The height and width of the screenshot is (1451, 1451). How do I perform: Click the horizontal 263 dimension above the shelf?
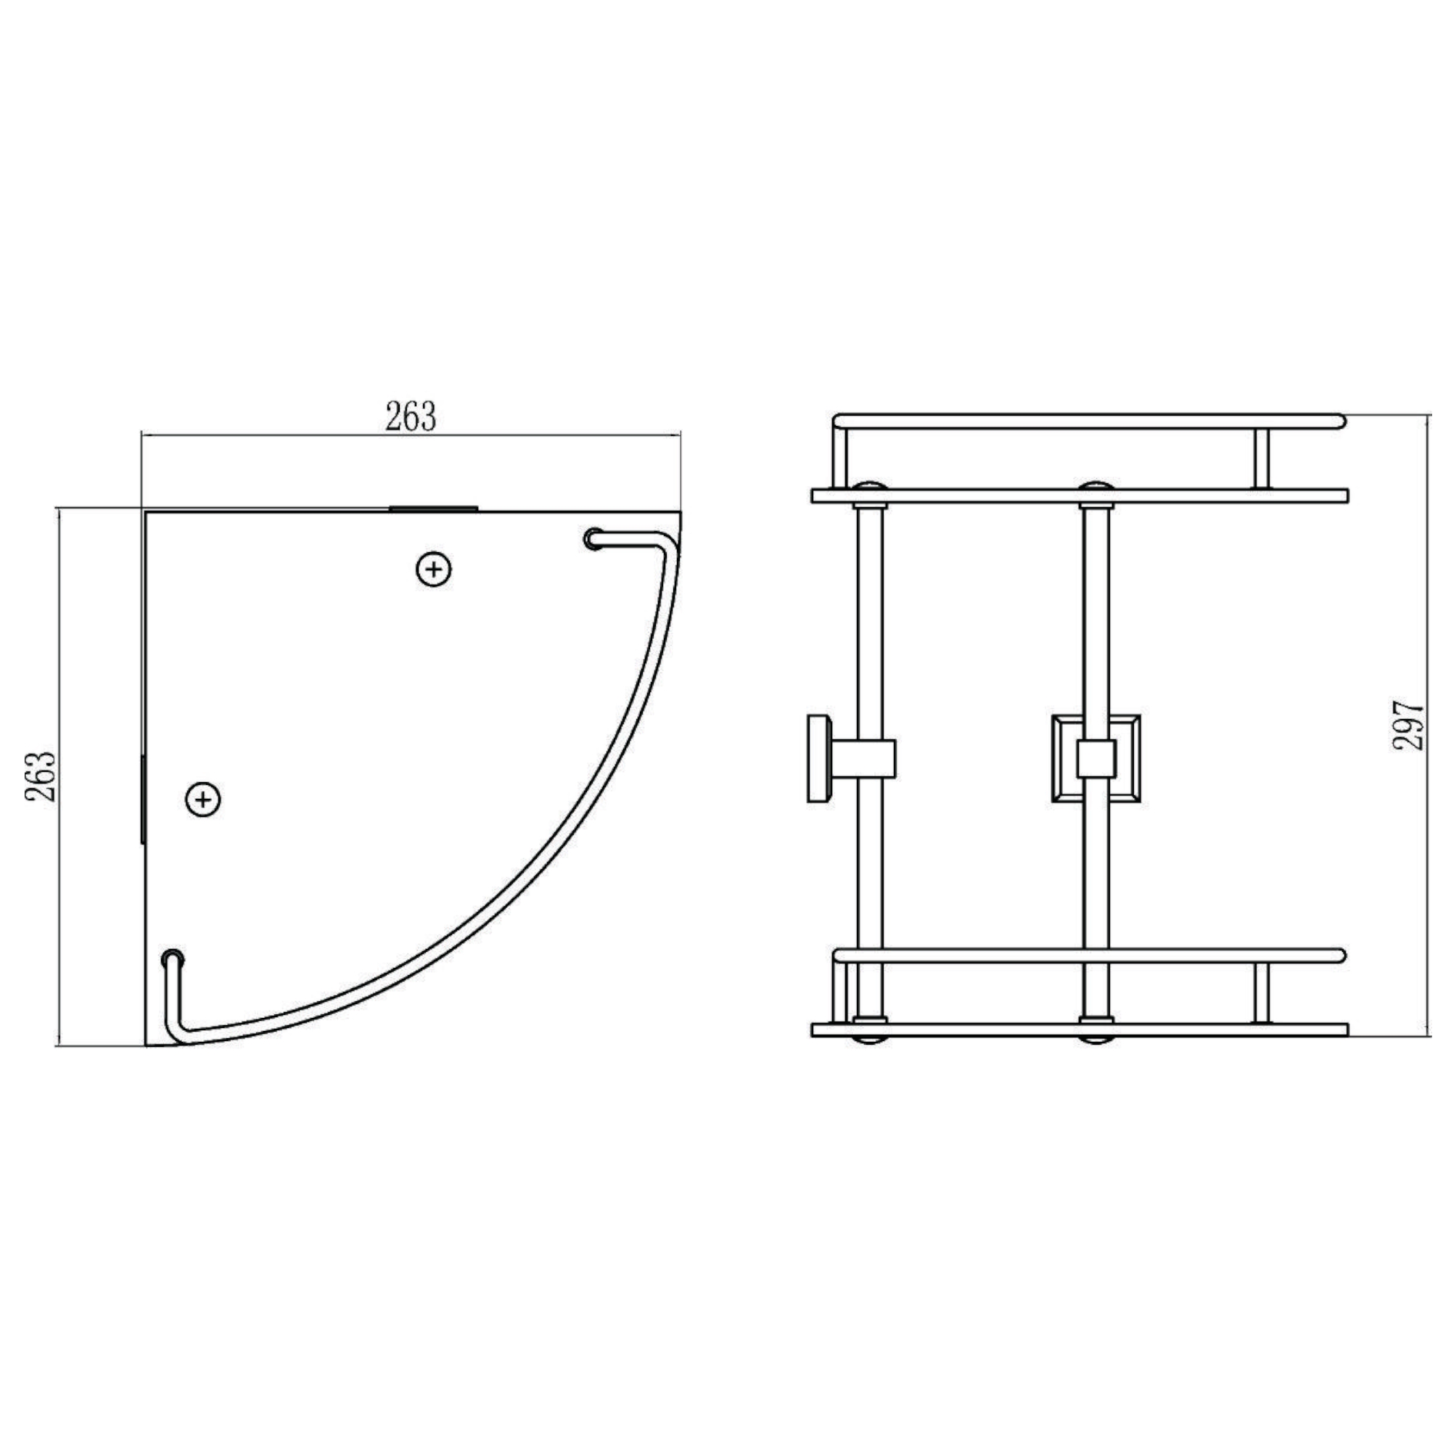[410, 417]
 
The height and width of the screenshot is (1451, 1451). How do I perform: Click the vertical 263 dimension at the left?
[41, 777]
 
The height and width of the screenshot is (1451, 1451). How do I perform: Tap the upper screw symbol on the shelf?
[433, 570]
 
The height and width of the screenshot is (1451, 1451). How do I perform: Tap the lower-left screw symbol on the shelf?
[203, 799]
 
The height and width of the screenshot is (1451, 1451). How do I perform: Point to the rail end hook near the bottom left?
[173, 960]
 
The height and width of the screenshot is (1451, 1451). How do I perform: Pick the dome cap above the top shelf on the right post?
[1096, 485]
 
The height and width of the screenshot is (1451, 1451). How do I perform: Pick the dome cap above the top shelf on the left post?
[869, 485]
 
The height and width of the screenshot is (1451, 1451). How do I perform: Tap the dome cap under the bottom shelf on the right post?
[1096, 1041]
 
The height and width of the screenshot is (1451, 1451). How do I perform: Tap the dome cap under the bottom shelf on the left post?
[869, 1041]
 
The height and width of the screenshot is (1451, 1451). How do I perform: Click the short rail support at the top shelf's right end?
[1262, 460]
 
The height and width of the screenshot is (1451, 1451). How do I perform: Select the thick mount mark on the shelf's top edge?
[433, 509]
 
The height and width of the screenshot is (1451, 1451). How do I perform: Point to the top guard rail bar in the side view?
[1089, 421]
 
